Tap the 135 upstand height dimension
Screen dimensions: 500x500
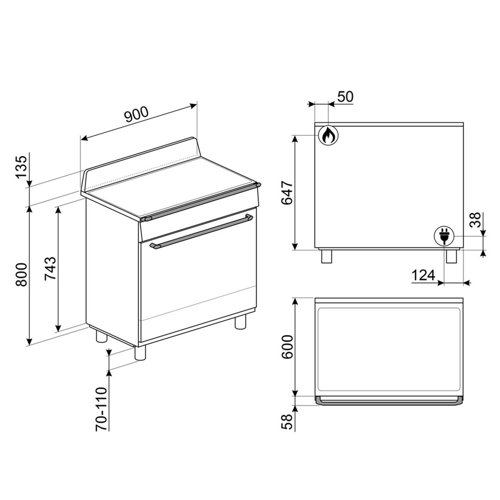(22, 168)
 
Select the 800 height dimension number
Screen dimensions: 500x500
(22, 274)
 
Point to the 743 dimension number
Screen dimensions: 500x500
(51, 268)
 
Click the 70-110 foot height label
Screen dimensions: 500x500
(101, 410)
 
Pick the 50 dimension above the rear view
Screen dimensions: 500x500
(345, 97)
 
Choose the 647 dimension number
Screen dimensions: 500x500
(287, 193)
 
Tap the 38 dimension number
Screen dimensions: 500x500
(476, 220)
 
